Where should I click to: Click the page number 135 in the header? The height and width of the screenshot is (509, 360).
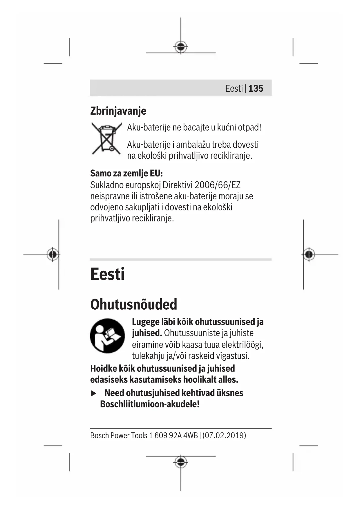tap(256, 88)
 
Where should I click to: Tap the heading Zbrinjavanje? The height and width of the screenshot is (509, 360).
tap(118, 111)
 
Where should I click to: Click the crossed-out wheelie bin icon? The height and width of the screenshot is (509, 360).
tap(106, 138)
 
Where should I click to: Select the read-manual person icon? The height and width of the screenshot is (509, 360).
tap(107, 336)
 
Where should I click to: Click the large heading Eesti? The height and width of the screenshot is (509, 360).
tap(107, 274)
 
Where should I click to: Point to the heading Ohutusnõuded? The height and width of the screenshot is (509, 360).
tap(133, 304)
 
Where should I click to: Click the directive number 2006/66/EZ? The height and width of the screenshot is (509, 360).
tap(217, 185)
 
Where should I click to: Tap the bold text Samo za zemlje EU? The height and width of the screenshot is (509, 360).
tap(126, 173)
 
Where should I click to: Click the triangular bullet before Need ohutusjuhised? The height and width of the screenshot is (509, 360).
tap(93, 394)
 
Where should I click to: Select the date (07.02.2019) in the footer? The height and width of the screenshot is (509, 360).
tap(224, 435)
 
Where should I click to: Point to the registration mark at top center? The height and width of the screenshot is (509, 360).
tap(181, 46)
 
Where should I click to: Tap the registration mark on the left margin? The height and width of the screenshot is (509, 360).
tap(53, 255)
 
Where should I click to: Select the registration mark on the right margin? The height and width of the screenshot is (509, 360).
tap(309, 255)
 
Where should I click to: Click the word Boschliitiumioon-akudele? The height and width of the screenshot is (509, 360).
tap(150, 404)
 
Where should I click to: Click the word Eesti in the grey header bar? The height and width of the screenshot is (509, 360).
tap(234, 88)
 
